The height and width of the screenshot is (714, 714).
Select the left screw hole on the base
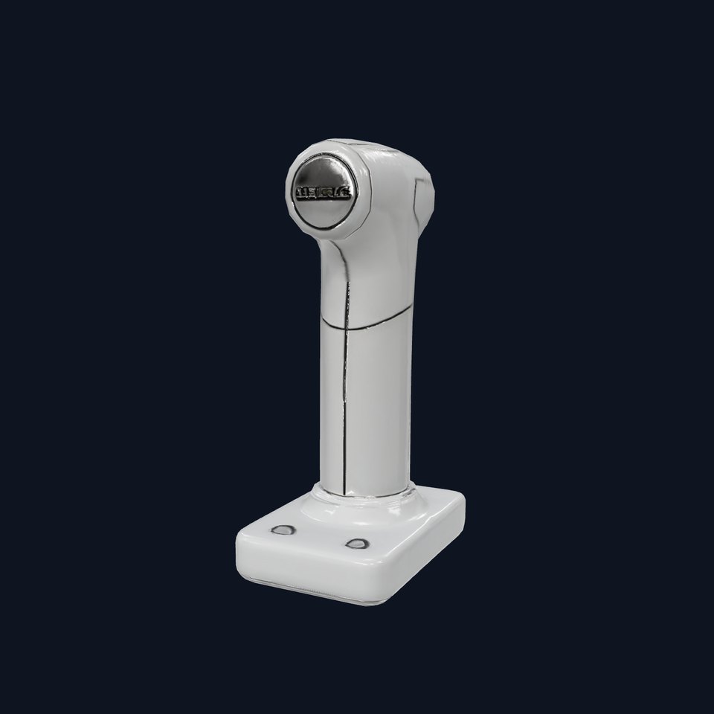(284, 530)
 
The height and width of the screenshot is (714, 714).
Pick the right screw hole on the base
(357, 544)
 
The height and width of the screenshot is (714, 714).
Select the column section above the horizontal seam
(372, 283)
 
